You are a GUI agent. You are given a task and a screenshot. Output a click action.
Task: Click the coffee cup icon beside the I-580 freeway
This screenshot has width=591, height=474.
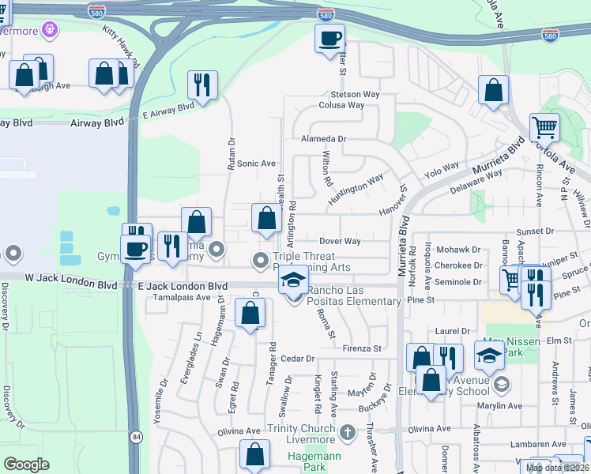coord(329,38)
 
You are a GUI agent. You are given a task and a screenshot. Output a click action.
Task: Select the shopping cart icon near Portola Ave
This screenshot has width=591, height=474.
coord(544,127)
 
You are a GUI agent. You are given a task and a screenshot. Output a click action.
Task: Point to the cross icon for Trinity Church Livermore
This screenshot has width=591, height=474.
coord(348,433)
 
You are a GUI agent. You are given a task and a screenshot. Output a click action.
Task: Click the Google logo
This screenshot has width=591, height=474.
coord(26,465)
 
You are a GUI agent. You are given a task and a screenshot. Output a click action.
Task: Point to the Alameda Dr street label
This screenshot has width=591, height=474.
coord(324,138)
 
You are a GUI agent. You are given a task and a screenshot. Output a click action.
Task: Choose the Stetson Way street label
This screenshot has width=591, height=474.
coord(349,94)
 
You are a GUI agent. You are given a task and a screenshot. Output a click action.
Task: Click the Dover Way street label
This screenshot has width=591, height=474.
coord(340,241)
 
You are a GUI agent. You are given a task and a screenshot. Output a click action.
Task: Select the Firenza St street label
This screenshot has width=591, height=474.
coord(362,348)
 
